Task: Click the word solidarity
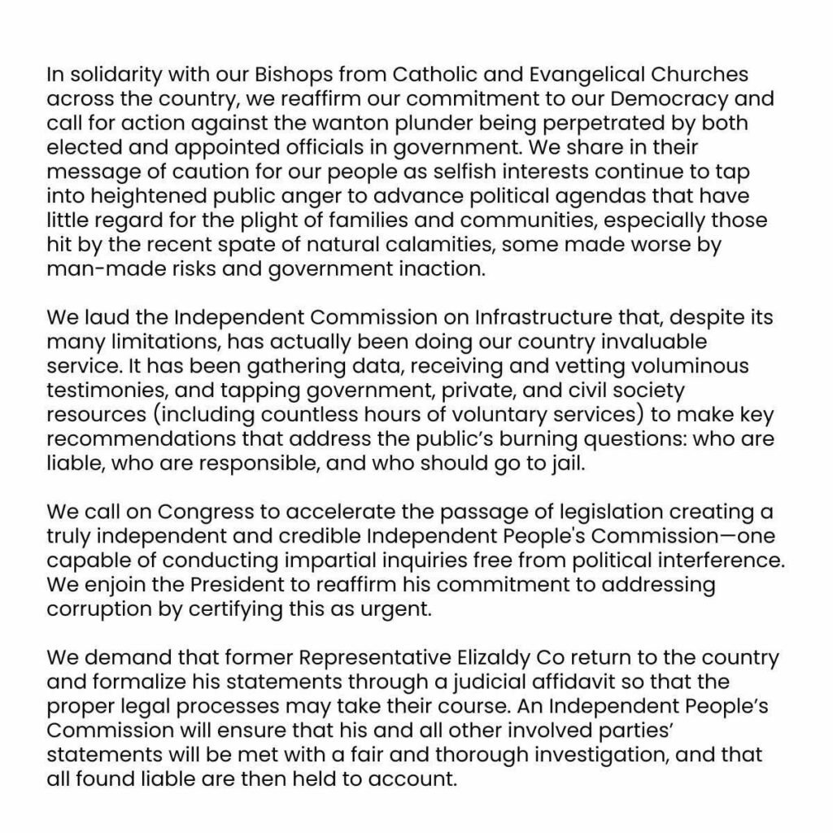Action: [114, 76]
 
